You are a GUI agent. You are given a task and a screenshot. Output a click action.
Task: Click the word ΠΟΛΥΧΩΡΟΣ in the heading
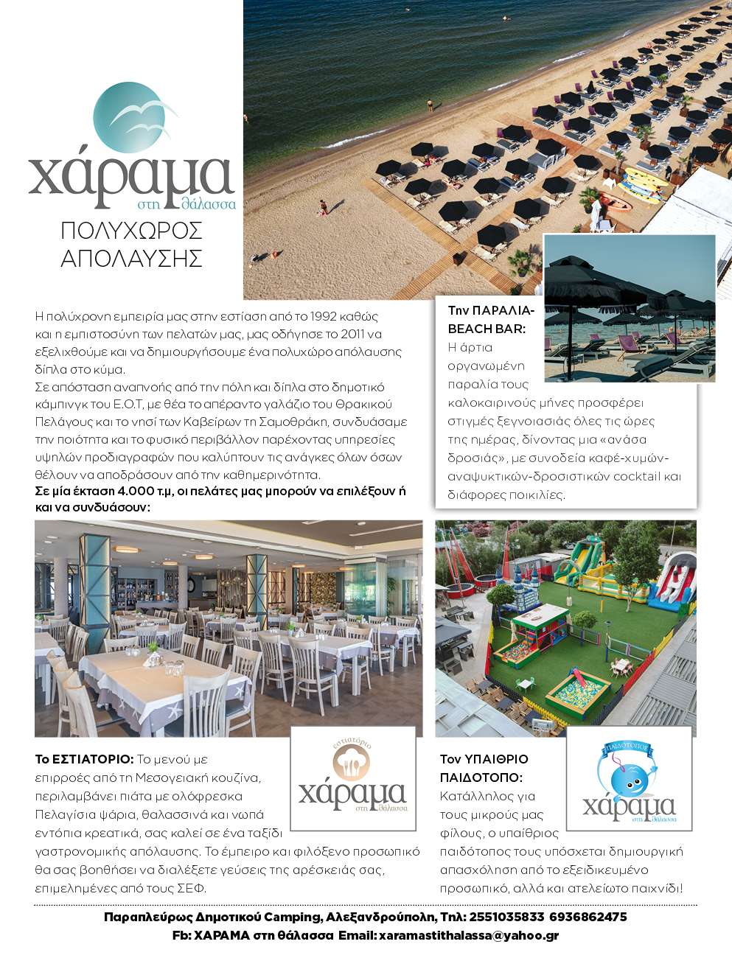(131, 231)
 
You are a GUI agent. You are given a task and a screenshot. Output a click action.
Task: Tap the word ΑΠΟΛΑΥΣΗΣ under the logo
(131, 259)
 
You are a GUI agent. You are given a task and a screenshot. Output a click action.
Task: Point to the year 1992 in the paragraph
(324, 316)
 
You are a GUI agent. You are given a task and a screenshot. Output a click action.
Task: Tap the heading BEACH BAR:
(487, 329)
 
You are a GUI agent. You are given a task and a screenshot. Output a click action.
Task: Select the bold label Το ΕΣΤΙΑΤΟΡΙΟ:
(84, 759)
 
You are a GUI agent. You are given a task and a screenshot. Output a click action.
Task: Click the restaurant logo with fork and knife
(352, 778)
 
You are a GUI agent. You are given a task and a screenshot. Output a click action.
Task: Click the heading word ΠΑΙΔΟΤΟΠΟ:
(481, 777)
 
